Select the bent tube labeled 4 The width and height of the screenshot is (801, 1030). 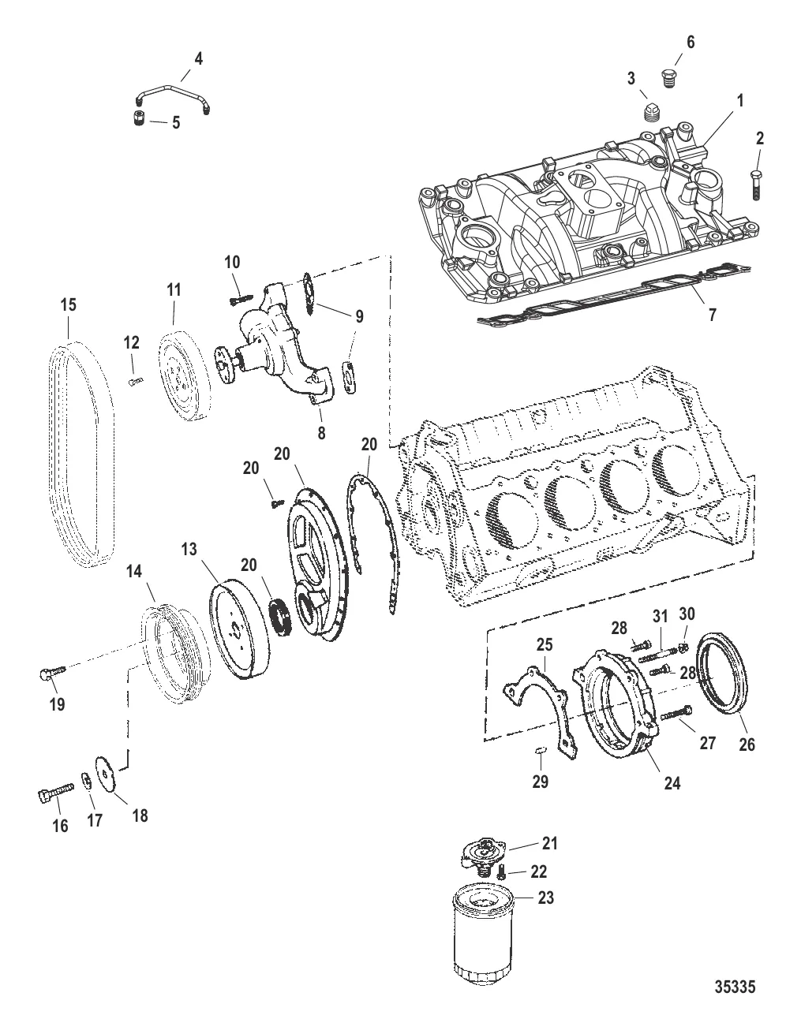coord(171,96)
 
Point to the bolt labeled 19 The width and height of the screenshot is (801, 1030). coord(50,672)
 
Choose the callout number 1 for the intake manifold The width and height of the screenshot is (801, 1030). coord(739,101)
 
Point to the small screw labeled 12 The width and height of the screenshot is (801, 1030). coord(133,381)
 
